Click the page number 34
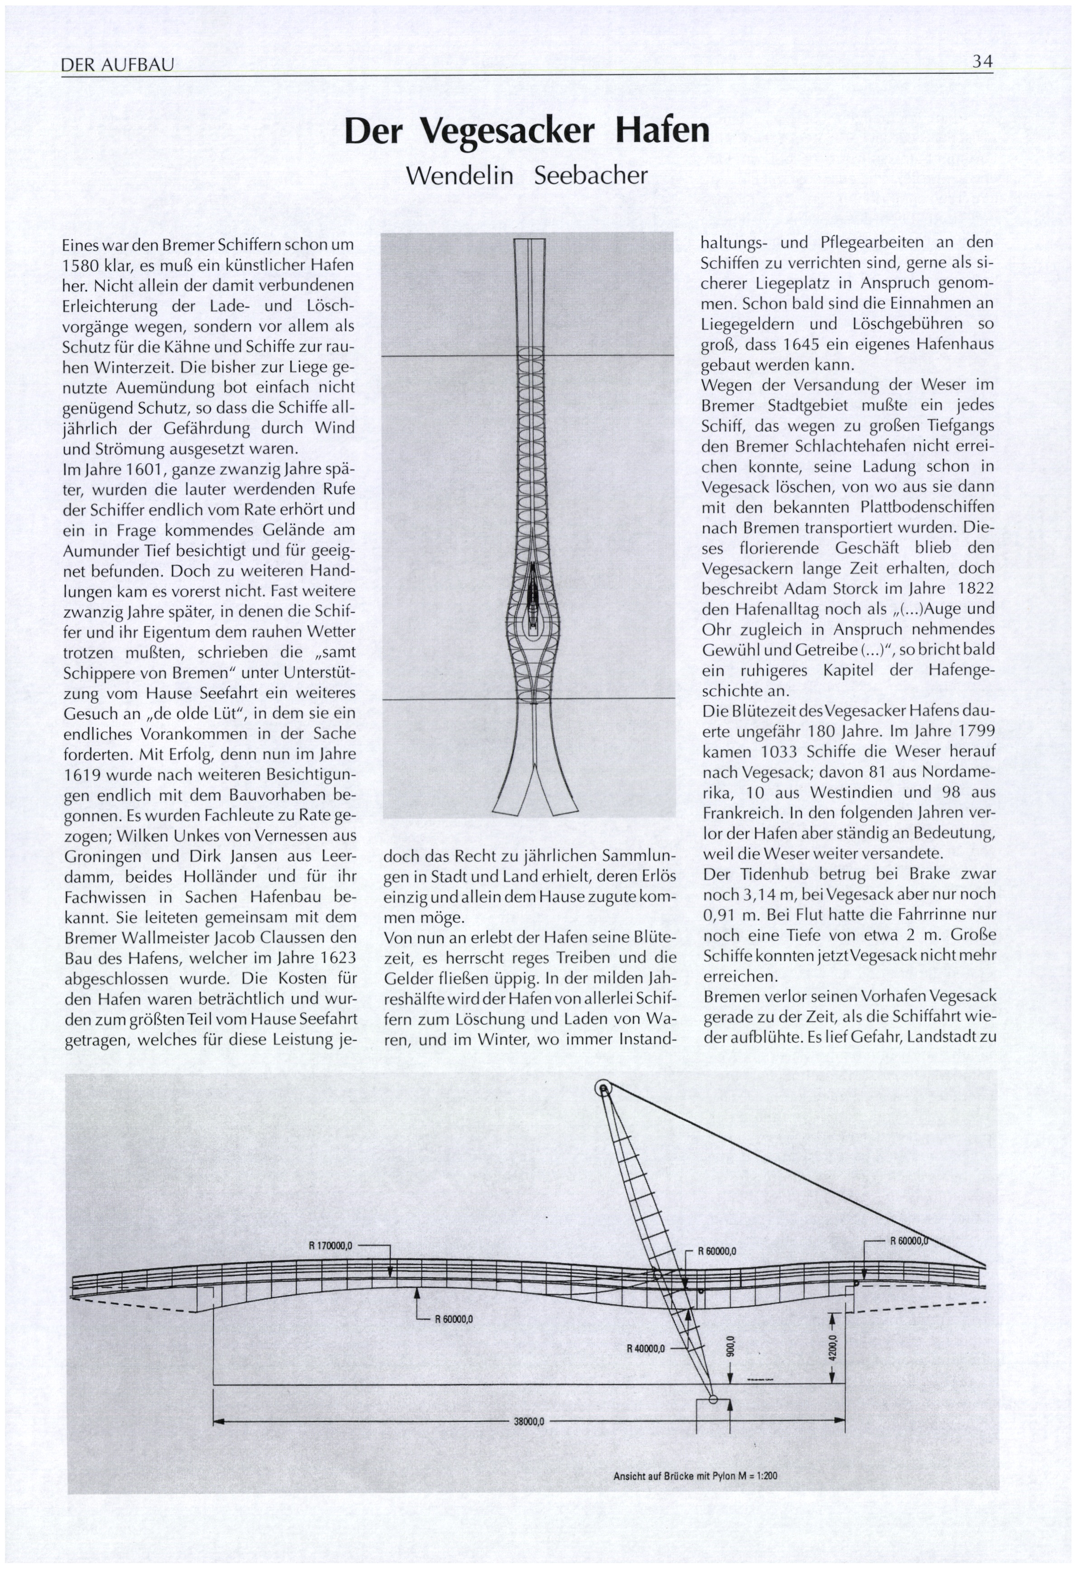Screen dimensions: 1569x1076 (982, 62)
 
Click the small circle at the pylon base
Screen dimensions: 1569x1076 (713, 1399)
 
